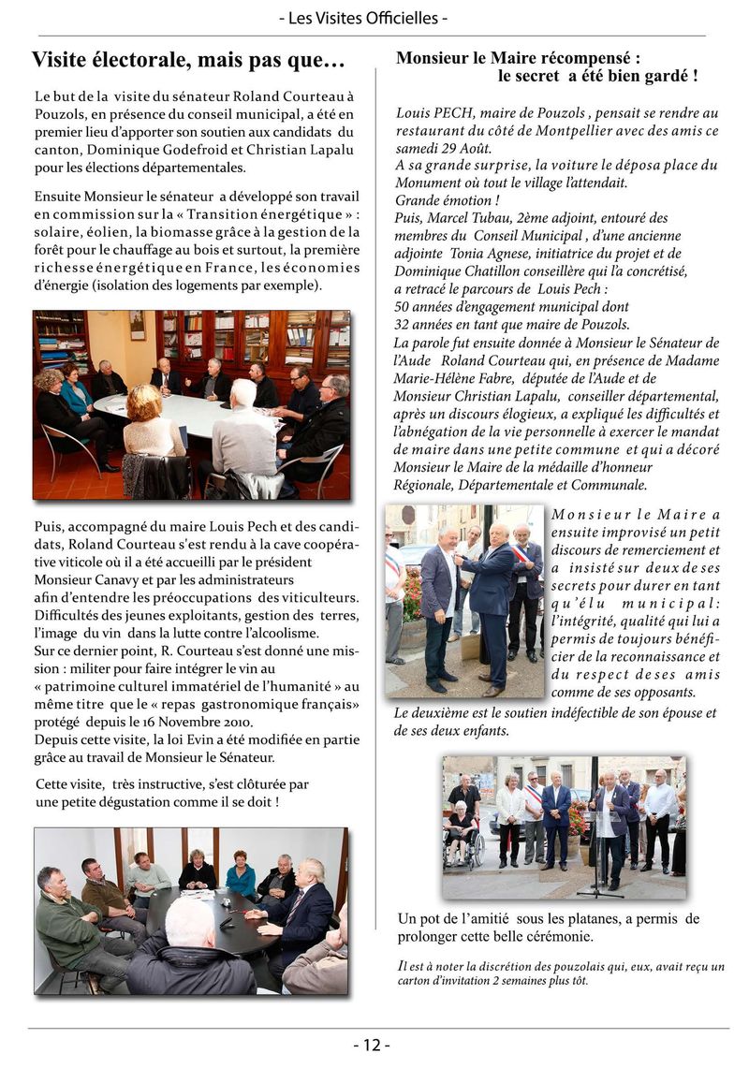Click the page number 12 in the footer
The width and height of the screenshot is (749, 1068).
(x=373, y=1046)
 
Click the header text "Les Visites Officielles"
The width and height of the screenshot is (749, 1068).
(x=374, y=18)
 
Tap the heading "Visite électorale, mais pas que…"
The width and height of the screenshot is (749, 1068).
(x=188, y=61)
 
